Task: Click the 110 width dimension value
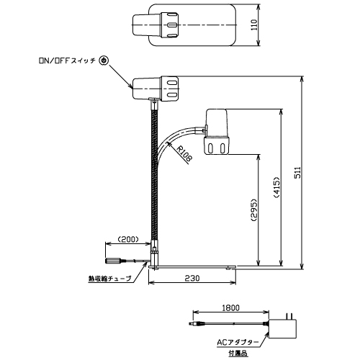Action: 254,24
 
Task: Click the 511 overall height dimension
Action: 297,172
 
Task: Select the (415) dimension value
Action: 276,187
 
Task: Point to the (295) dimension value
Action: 253,210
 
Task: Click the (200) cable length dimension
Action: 128,239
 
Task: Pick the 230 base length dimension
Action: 192,278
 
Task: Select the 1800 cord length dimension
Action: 230,307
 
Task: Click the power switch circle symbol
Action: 104,60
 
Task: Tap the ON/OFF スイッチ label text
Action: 67,60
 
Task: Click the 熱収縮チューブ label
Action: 110,279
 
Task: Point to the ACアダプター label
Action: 238,342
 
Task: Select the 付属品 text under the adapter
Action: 238,354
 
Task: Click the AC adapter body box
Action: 283,329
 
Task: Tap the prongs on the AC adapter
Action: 289,316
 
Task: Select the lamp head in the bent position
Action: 217,132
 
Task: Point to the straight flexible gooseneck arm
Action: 154,175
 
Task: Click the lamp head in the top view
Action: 156,25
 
